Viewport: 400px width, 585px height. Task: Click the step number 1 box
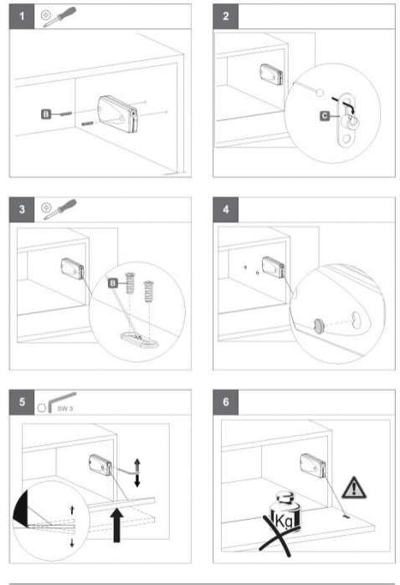point(22,17)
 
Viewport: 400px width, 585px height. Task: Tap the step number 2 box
point(226,17)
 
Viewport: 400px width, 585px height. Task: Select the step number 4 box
point(226,210)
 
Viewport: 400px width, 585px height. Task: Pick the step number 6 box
point(226,402)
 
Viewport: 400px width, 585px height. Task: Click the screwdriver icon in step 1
point(59,17)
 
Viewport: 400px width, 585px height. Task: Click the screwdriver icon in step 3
point(59,209)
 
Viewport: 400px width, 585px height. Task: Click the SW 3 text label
point(65,409)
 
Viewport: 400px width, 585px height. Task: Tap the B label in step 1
point(46,114)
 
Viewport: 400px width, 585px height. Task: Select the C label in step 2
point(325,116)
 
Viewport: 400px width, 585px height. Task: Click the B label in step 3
point(113,283)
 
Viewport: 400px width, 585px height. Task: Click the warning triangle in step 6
point(354,487)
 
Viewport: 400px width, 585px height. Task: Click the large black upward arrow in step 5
point(117,525)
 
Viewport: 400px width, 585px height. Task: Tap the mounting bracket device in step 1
point(118,114)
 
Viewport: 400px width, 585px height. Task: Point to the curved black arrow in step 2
point(344,104)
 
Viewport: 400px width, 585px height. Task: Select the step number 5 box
point(22,402)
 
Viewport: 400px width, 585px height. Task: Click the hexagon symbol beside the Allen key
point(42,408)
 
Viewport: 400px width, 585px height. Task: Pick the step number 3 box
point(22,210)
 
